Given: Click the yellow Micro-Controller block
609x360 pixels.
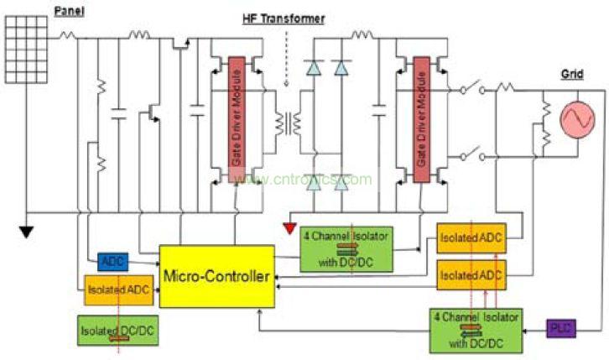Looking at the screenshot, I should [x=216, y=275].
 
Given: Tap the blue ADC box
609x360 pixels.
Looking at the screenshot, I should [x=112, y=262].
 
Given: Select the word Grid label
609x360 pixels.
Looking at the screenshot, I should [x=571, y=74].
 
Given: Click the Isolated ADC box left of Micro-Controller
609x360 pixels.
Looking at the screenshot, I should [x=118, y=289].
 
